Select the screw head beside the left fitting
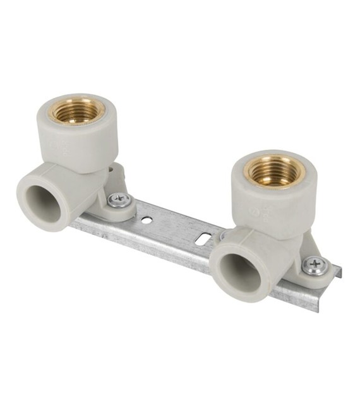click(119, 200)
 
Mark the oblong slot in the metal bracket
click(204, 239)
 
